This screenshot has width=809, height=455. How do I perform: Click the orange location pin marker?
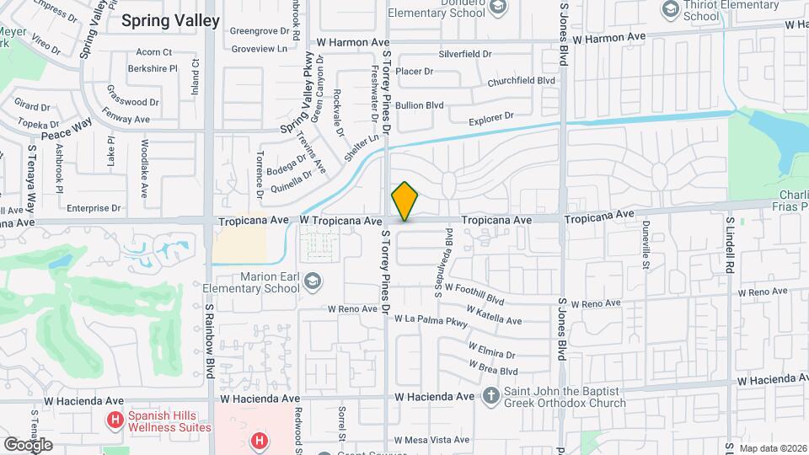pos(404,201)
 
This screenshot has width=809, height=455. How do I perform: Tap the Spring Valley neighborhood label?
pos(170,21)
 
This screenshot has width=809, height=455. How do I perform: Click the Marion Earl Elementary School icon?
pos(311,280)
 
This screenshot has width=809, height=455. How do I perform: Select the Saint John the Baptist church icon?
pos(491,394)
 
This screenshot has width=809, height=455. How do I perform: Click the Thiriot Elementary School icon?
pos(671,9)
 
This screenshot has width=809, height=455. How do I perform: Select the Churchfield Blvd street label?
pos(522,81)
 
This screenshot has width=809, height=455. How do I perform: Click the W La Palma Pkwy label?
pos(436,321)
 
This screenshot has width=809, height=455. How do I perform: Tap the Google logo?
pos(28,444)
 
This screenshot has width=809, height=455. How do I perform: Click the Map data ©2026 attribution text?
pos(772,448)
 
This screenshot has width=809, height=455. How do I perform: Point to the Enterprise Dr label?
pos(94,208)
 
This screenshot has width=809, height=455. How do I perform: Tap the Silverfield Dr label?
pos(464,54)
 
